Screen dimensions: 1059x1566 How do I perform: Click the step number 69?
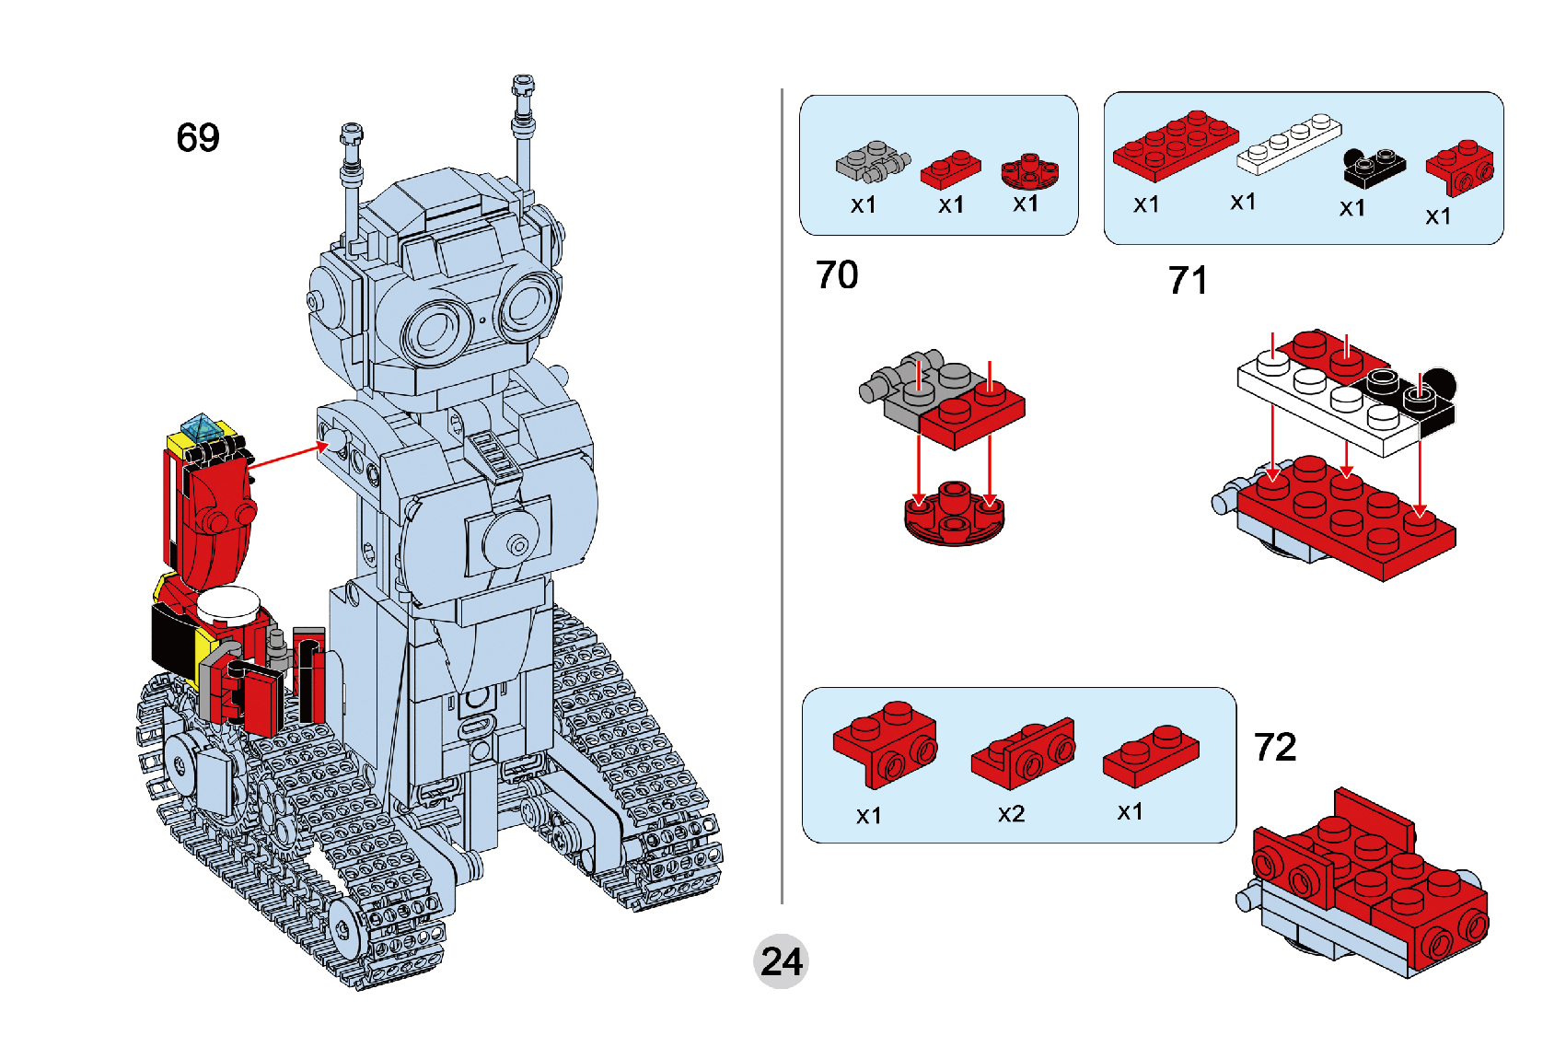[198, 138]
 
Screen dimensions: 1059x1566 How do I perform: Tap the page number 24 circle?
[781, 961]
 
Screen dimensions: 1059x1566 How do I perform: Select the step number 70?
[836, 274]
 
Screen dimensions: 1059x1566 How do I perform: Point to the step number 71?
[1188, 280]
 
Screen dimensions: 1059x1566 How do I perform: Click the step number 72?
[1275, 747]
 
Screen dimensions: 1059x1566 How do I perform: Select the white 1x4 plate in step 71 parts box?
[1288, 145]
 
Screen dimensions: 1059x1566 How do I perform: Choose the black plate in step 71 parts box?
[1374, 167]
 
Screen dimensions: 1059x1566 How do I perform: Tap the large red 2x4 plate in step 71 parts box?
[1175, 145]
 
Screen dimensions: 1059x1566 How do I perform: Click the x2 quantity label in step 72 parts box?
[1011, 814]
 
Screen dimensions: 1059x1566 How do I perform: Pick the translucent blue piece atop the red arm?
[200, 428]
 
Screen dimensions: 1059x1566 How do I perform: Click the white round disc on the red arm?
[228, 604]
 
